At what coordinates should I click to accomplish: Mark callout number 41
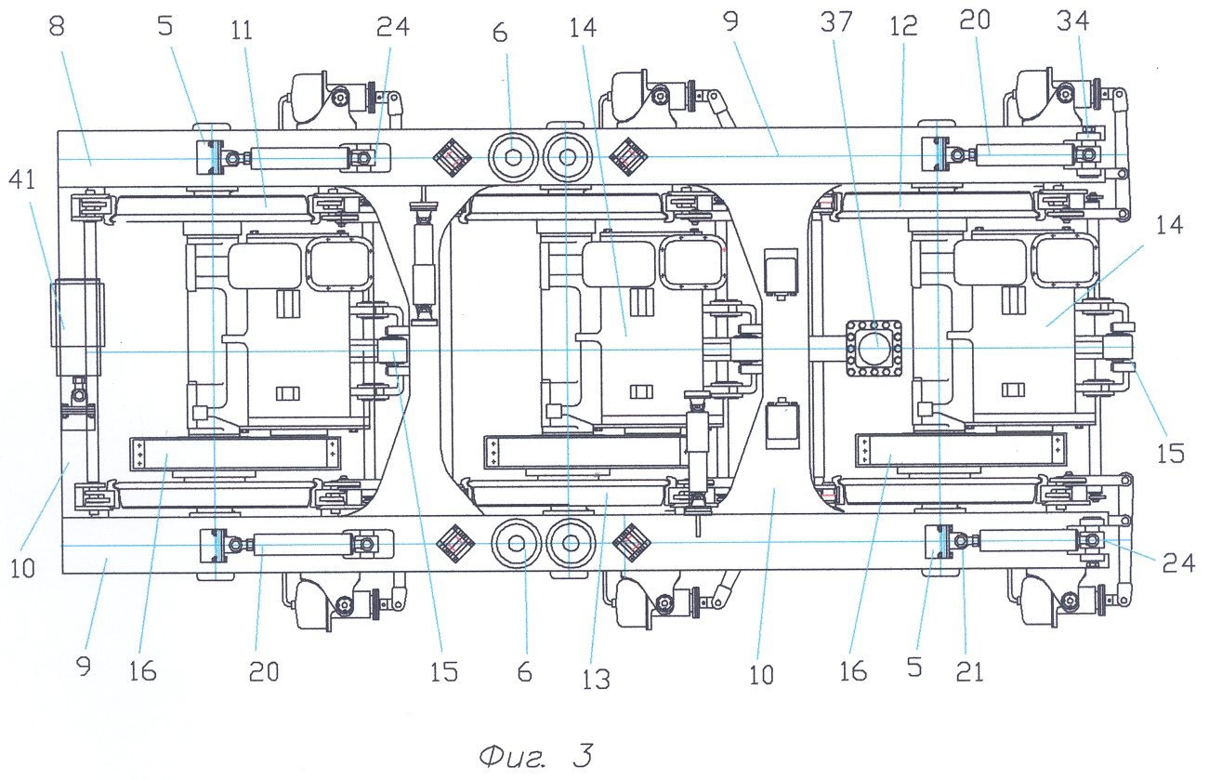pyautogui.click(x=22, y=181)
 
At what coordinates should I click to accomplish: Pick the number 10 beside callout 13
pyautogui.click(x=760, y=673)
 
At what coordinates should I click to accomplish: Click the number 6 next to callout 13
pyautogui.click(x=525, y=670)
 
